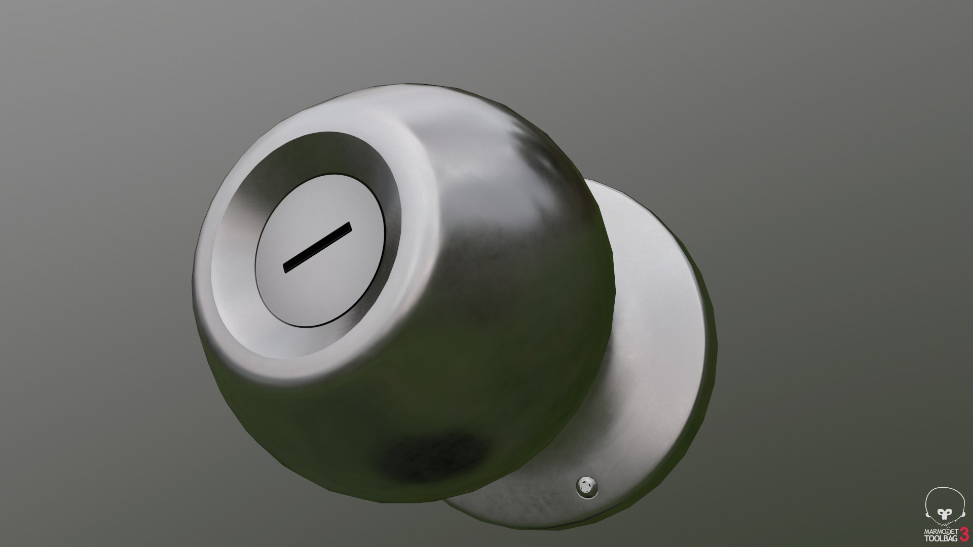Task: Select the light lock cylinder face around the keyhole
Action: click(324, 284)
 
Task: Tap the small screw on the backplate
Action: click(587, 487)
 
